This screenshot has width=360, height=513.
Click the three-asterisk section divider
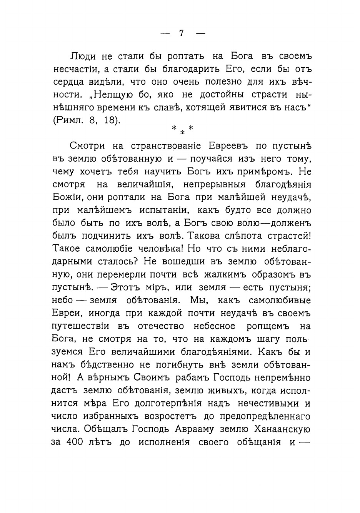tap(182, 130)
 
